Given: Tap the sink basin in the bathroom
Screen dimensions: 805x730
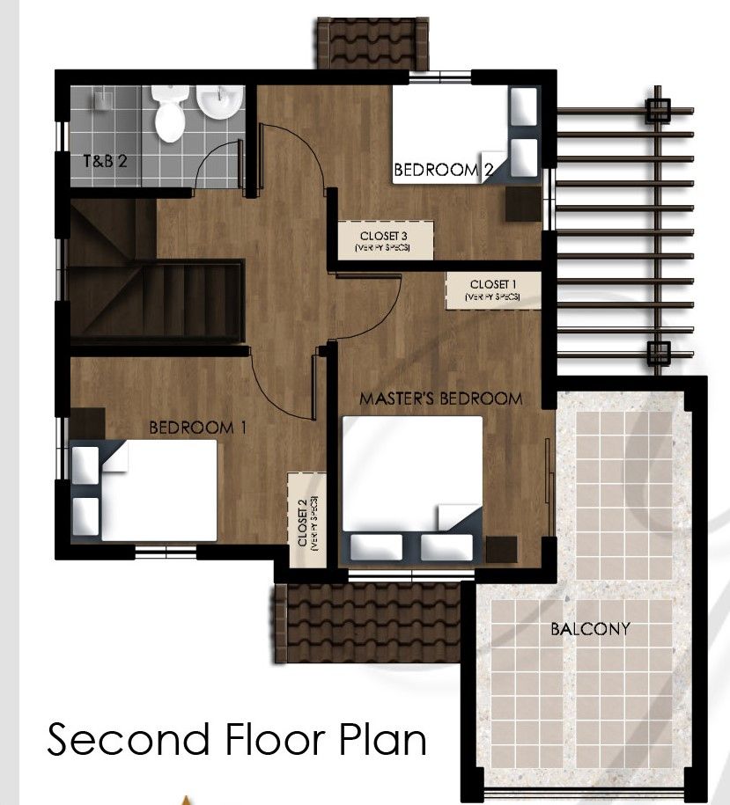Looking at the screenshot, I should [218, 104].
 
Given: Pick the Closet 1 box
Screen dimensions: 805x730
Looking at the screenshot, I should [493, 289].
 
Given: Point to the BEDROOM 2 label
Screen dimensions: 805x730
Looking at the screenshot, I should [441, 170].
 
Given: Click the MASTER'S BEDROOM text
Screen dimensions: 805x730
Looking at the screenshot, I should [440, 399].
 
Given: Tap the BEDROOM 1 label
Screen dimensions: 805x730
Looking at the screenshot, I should [197, 428].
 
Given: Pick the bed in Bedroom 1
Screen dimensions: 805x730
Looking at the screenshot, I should [144, 490].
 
